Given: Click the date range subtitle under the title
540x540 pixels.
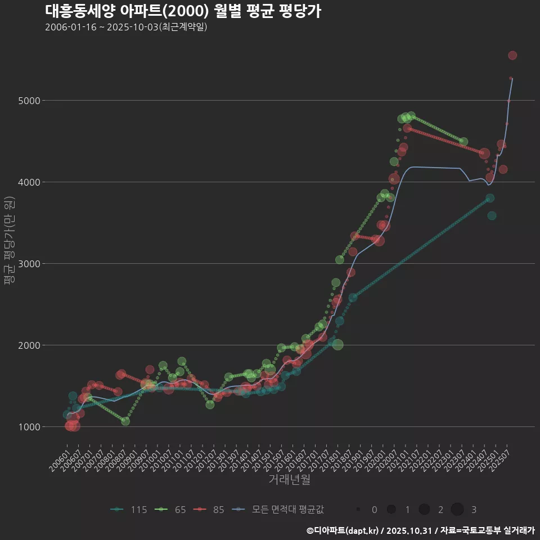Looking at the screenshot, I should click(126, 27).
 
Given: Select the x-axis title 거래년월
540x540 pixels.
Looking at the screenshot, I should click(289, 479).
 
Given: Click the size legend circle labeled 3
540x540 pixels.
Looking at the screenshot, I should click(457, 510).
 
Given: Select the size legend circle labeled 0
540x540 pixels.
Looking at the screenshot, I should click(358, 510).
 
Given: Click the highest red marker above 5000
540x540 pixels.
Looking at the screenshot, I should click(512, 55).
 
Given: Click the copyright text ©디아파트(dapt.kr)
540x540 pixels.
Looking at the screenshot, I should click(343, 530).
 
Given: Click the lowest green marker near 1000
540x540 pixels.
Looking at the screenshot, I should click(125, 421).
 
